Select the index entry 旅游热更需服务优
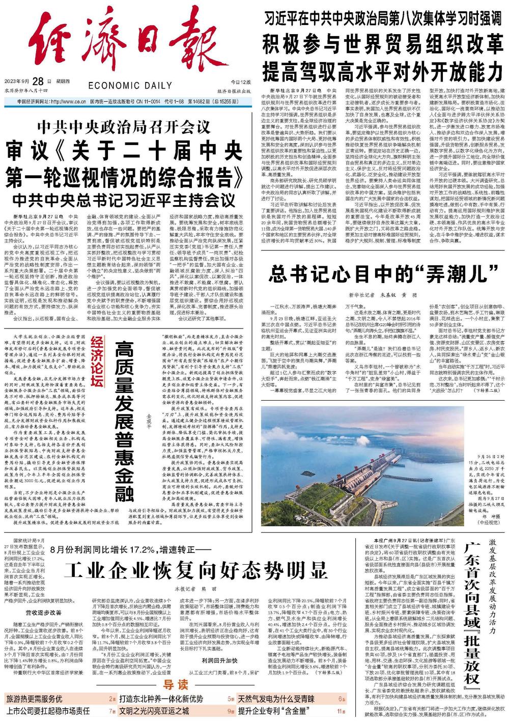(34, 699)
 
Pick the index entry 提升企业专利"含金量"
(273, 711)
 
